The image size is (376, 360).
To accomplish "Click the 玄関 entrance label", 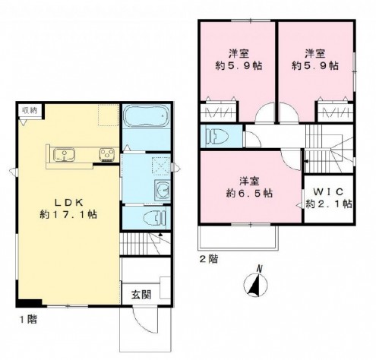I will coord(139,294).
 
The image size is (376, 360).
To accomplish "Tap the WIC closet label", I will coord(328,191).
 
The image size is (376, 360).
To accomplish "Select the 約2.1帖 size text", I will coord(328,204).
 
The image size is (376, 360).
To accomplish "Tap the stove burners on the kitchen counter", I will coord(104,156).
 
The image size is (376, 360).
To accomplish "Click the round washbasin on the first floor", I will coord(160,190).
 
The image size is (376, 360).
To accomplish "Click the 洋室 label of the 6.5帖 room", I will coord(245,181).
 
